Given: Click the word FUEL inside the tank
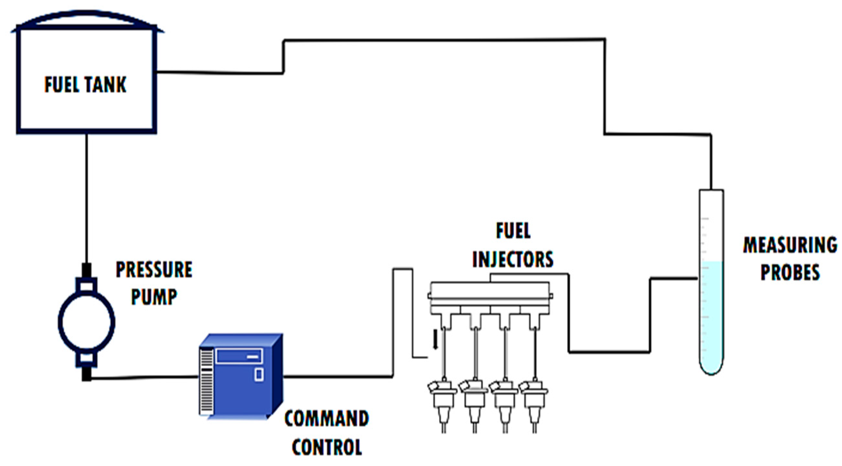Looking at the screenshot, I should coord(62,85).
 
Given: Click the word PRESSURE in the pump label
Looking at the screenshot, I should coord(154,270).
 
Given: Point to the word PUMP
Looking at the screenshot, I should coord(154,297).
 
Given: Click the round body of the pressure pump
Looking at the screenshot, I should coord(87,322).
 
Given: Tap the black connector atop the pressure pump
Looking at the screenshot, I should coord(87,270).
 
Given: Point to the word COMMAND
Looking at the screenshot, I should coord(327,418).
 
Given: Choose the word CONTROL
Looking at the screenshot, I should coord(327,447).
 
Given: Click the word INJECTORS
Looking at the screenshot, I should coord(512,259).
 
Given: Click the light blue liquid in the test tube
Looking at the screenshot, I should coord(711,314).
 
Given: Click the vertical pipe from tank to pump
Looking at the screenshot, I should coord(87,196).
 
